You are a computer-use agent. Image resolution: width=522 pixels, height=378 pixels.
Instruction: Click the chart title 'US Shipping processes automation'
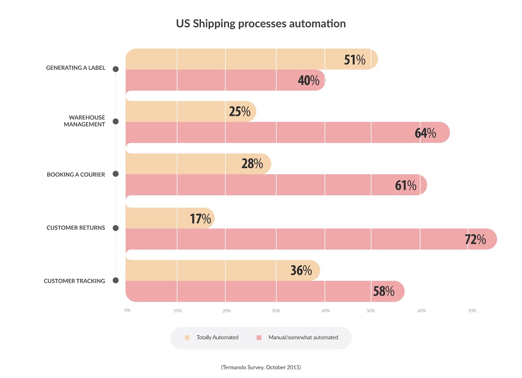pyautogui.click(x=261, y=24)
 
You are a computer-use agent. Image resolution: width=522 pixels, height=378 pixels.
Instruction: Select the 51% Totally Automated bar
pyautogui.click(x=244, y=59)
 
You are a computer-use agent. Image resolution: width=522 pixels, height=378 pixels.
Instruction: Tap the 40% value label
pyautogui.click(x=308, y=81)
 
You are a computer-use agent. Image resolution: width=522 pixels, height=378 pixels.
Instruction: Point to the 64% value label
pyautogui.click(x=425, y=133)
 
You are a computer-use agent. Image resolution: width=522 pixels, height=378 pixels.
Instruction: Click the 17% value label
pyautogui.click(x=200, y=219)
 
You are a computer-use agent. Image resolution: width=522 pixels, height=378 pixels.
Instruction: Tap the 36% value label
pyautogui.click(x=301, y=270)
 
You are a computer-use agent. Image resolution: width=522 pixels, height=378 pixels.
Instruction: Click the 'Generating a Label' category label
pyautogui.click(x=75, y=68)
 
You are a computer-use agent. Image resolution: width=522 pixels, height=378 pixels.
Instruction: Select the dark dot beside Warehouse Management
pyautogui.click(x=115, y=121)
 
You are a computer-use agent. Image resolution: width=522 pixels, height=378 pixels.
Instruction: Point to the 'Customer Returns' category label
pyautogui.click(x=76, y=228)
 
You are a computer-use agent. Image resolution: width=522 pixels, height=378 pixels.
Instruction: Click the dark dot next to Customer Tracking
pyautogui.click(x=115, y=281)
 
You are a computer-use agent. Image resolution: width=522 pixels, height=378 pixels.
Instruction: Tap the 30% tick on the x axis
pyautogui.click(x=276, y=311)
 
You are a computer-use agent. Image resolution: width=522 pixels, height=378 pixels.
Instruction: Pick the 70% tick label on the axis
pyautogui.click(x=472, y=311)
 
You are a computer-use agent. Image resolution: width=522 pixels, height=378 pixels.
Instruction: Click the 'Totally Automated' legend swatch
pyautogui.click(x=187, y=338)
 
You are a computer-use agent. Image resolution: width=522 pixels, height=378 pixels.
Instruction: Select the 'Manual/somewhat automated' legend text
pyautogui.click(x=303, y=338)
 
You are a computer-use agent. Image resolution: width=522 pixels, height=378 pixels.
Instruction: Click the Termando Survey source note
pyautogui.click(x=261, y=367)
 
